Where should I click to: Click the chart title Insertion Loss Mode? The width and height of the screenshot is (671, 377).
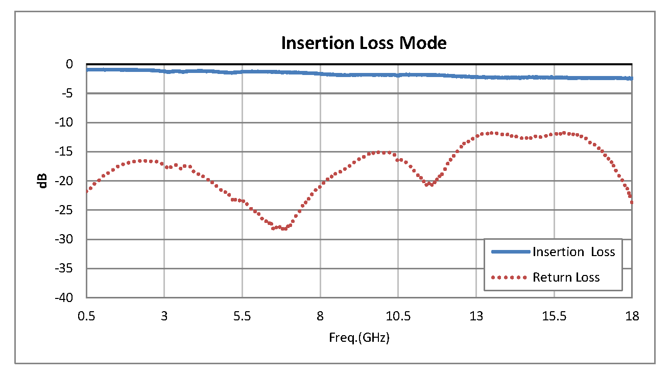click(364, 43)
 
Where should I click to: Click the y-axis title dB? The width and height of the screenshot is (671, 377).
click(43, 181)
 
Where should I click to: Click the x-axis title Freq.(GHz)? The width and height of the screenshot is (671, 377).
click(359, 338)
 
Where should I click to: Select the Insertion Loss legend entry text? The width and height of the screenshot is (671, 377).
click(573, 252)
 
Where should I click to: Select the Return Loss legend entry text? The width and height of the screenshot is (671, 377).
click(566, 277)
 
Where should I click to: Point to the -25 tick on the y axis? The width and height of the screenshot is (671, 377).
click(66, 210)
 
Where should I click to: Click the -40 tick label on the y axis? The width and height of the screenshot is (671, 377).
click(66, 297)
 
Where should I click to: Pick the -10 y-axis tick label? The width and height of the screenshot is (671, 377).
click(66, 122)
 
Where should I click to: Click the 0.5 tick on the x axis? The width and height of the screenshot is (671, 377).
click(86, 316)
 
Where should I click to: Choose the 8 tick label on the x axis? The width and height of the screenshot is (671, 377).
click(320, 316)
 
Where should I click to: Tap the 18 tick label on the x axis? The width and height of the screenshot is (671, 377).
click(632, 316)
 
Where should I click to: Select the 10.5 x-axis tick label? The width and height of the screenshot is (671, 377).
click(398, 316)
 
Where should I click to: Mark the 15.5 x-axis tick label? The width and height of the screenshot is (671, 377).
click(554, 316)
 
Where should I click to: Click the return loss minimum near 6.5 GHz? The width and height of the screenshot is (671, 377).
click(282, 229)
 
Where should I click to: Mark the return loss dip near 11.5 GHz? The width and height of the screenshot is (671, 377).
click(430, 184)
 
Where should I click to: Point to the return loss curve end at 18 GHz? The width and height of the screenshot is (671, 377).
click(632, 202)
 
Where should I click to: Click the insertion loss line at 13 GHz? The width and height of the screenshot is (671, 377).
click(476, 77)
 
